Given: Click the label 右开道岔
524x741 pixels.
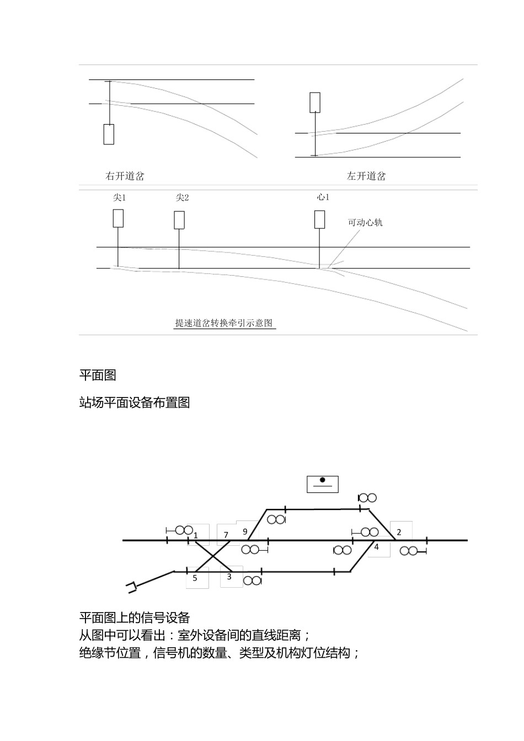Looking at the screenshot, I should coord(125,176).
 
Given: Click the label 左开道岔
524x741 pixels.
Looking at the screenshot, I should coord(366,176).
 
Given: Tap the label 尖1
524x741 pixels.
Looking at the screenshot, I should coord(120,198).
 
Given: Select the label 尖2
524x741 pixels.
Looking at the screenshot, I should coord(182,198).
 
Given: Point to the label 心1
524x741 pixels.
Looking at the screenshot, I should coord(323,197).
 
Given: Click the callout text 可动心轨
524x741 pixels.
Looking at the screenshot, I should coord(365,223).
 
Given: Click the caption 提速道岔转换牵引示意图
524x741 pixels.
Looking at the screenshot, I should coord(224,324).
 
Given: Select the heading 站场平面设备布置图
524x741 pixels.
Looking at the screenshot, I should coord(135,402).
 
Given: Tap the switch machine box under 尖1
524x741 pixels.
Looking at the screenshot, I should coord(118,218).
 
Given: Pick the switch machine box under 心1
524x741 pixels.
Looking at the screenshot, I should coord(319,219).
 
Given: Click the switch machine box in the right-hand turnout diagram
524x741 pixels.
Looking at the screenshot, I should coord(315,103).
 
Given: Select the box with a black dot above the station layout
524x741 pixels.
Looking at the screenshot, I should coord(323,484).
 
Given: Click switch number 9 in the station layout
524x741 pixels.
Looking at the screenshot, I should coord(245,531).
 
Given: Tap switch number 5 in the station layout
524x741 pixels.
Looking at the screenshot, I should coord(195,578).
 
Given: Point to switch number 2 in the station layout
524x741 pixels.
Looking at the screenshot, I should coord(399,532).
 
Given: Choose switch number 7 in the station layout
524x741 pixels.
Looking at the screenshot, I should coord(226,535).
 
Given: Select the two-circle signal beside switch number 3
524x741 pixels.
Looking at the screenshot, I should coord(252,581).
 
